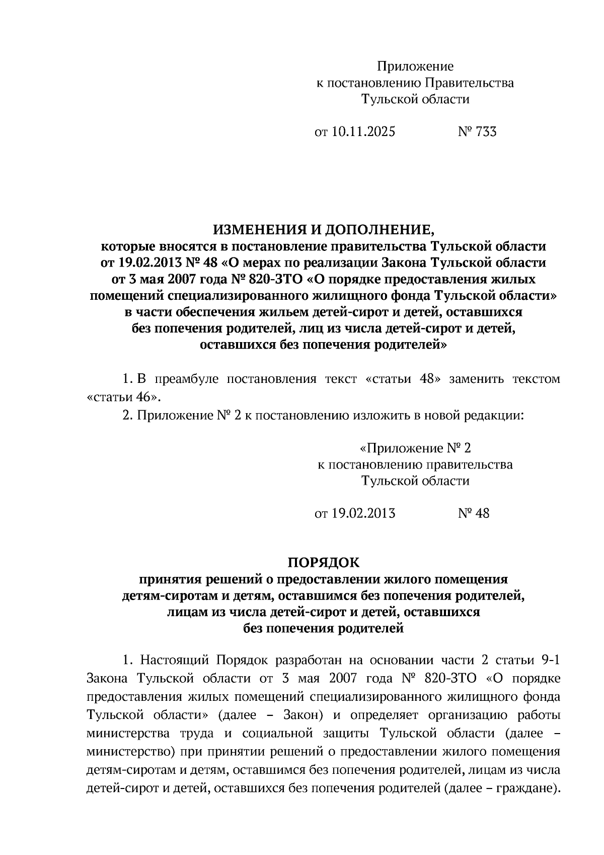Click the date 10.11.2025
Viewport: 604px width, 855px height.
click(363, 132)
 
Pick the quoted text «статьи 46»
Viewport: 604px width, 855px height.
click(124, 397)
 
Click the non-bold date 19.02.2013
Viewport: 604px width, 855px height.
click(363, 513)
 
